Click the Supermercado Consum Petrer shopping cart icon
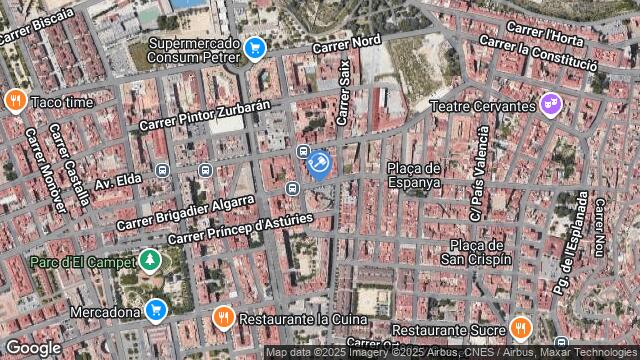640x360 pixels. pyautogui.click(x=254, y=46)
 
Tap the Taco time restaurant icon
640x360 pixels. pyautogui.click(x=15, y=101)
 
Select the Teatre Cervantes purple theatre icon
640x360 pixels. pyautogui.click(x=549, y=104)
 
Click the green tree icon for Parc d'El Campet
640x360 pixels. pyautogui.click(x=150, y=261)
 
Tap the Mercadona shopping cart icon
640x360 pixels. pyautogui.click(x=155, y=310)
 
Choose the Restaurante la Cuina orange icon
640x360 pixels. pyautogui.click(x=224, y=319)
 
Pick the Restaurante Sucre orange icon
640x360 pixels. pyautogui.click(x=520, y=328)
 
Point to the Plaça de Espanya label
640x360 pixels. pyautogui.click(x=414, y=175)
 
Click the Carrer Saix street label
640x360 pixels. pyautogui.click(x=344, y=92)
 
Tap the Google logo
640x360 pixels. pyautogui.click(x=33, y=347)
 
